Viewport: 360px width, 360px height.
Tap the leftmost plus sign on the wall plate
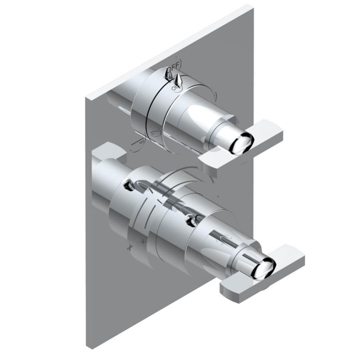click(x=128, y=247)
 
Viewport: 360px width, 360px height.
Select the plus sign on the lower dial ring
click(x=143, y=241)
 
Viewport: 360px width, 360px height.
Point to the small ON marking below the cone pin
click(x=175, y=87)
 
